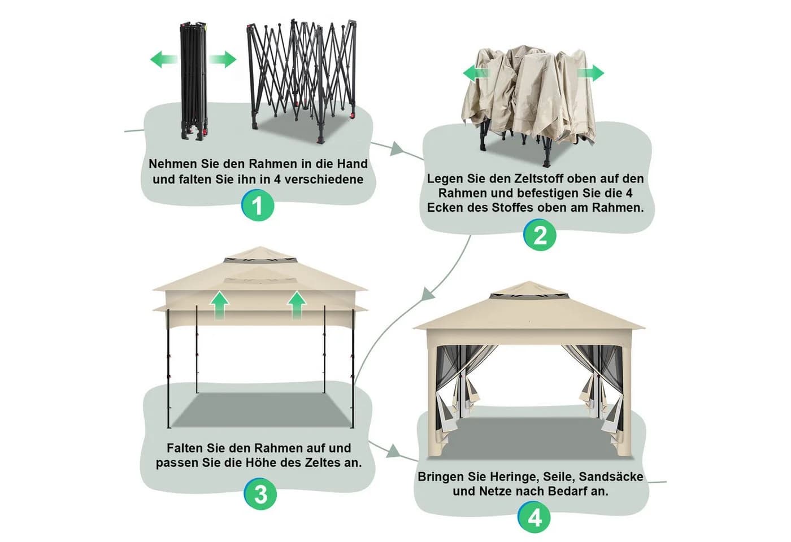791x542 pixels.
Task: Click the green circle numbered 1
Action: (258, 205)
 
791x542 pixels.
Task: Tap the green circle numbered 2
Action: (540, 235)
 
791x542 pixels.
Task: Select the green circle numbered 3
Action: (260, 493)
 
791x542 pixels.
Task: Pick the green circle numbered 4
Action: (534, 518)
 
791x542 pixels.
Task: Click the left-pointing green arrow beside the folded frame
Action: (163, 59)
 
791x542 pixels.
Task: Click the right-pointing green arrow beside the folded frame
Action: (223, 59)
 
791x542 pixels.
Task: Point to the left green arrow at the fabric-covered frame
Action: (476, 73)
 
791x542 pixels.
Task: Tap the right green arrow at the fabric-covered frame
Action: (590, 73)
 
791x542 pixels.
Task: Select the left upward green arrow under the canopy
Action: (219, 305)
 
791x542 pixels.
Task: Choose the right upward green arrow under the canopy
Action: (297, 305)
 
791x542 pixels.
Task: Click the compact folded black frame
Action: (194, 81)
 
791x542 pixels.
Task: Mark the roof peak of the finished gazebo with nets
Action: (529, 282)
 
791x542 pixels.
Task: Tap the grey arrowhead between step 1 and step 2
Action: (396, 149)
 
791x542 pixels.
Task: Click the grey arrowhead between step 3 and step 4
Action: (393, 452)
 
